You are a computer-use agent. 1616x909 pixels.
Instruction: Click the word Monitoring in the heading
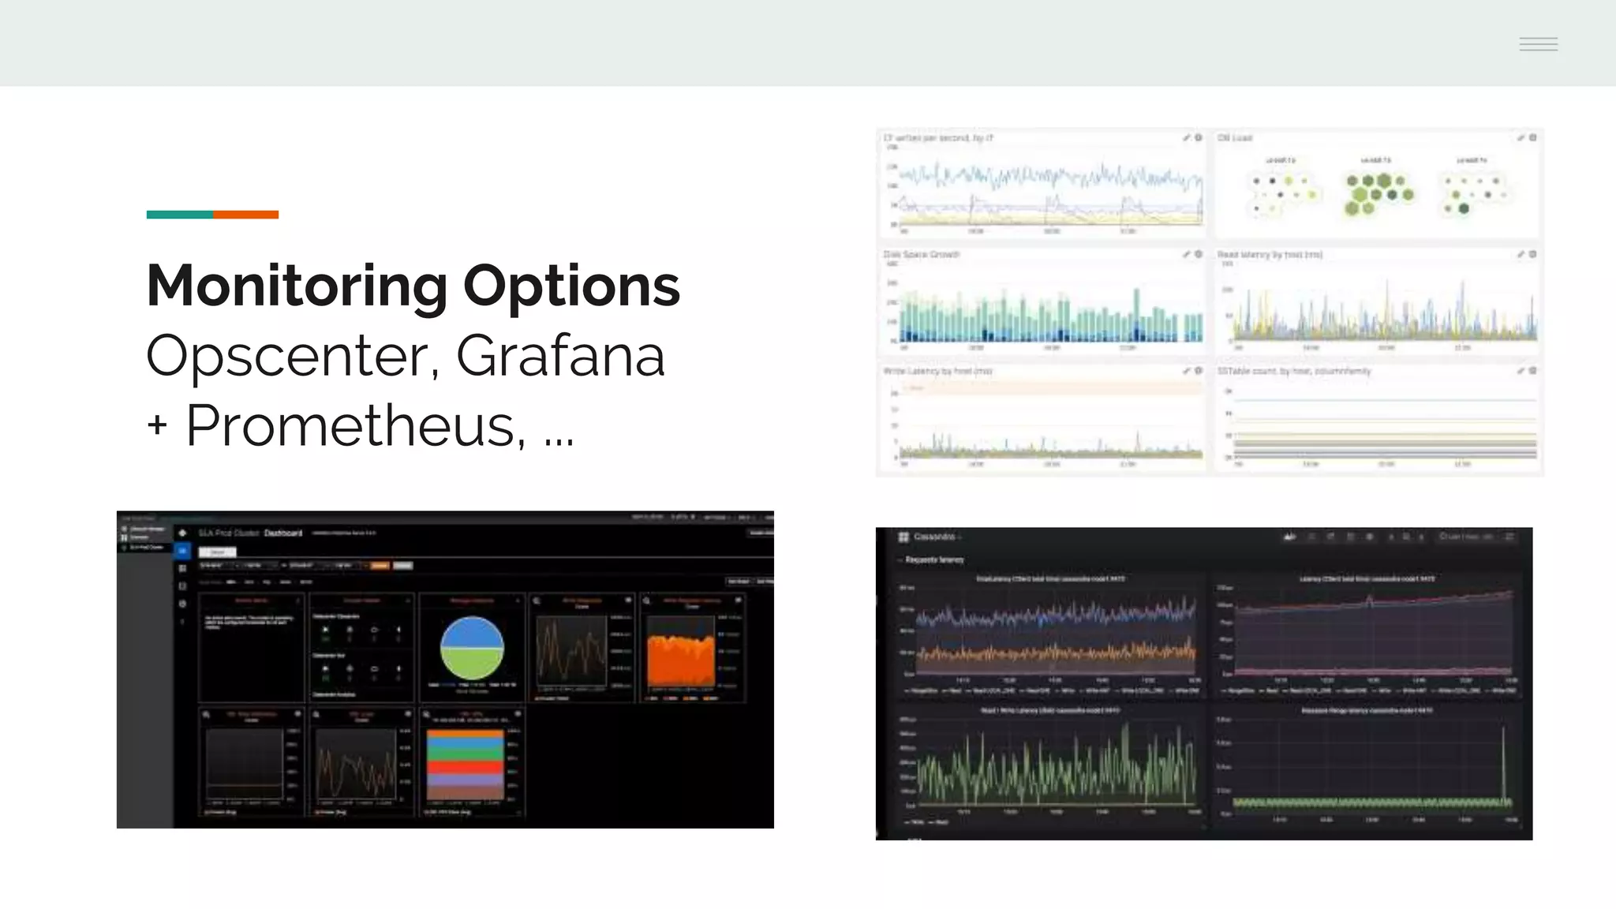(x=297, y=286)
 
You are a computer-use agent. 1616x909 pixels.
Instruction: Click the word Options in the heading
(x=571, y=286)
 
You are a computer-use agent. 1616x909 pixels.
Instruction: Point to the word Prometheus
(x=355, y=426)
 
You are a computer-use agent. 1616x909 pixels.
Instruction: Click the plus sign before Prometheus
(x=157, y=426)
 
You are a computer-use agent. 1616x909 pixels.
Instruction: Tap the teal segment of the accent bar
(x=179, y=215)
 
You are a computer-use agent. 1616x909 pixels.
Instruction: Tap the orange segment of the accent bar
(x=245, y=215)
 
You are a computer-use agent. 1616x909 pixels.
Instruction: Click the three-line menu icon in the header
(x=1538, y=44)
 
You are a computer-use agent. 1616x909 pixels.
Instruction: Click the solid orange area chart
(x=680, y=661)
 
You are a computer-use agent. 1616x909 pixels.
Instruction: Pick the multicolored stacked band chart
(x=465, y=764)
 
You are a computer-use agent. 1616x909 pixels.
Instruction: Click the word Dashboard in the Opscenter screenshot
(x=283, y=533)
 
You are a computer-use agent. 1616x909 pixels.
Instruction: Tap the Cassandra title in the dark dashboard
(x=934, y=537)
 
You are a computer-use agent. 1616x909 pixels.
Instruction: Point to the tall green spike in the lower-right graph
(x=1504, y=761)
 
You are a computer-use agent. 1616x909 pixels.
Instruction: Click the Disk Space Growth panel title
(x=921, y=255)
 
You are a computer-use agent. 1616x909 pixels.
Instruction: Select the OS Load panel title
(x=1235, y=138)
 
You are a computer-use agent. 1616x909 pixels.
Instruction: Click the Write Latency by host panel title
(x=937, y=371)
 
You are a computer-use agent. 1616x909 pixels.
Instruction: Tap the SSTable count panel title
(x=1294, y=371)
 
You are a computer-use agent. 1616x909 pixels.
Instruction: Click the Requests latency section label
(x=934, y=560)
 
